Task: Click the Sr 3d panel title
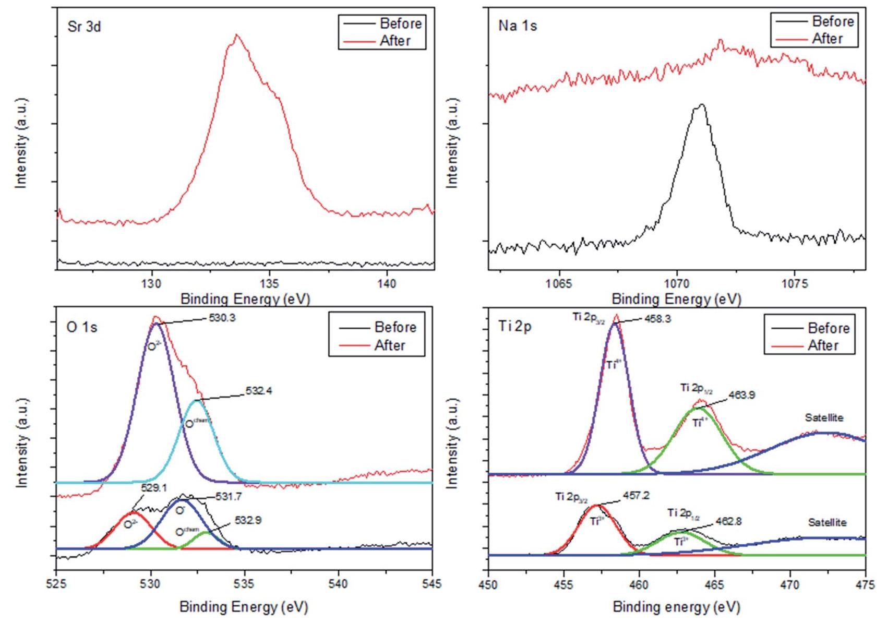click(x=84, y=27)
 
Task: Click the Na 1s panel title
click(x=517, y=26)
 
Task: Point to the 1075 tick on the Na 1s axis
click(x=794, y=284)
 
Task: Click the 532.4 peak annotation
click(x=258, y=391)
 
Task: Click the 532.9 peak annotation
click(x=247, y=520)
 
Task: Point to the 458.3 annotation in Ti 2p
click(x=657, y=319)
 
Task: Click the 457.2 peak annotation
click(x=636, y=496)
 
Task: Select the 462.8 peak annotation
click(x=728, y=521)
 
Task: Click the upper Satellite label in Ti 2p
click(x=824, y=418)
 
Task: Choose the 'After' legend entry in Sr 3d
click(x=395, y=41)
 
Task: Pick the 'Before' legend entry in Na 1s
click(x=833, y=21)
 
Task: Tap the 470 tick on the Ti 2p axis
click(x=790, y=584)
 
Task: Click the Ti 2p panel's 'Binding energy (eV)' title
click(x=676, y=607)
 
